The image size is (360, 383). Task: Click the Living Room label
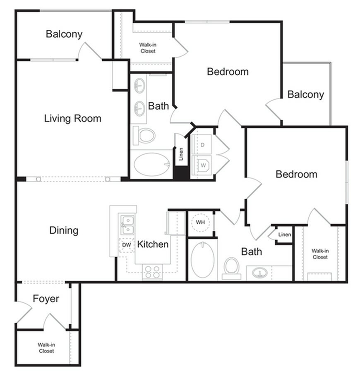point(73,119)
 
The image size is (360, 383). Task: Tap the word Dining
point(64,230)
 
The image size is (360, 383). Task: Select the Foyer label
point(46,299)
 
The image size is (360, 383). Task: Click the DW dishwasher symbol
point(126,245)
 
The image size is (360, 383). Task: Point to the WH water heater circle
point(201,223)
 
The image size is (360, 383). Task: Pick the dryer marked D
point(203,145)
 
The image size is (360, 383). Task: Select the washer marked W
point(203,164)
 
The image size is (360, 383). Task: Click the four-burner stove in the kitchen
point(152,272)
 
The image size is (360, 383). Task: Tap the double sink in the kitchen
point(127,224)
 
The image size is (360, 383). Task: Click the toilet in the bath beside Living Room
point(144,135)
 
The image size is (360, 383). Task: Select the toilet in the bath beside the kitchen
point(231,266)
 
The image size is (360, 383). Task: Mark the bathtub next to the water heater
point(202,260)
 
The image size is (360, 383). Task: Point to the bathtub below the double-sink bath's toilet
point(152,164)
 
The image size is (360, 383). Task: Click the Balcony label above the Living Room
point(64,34)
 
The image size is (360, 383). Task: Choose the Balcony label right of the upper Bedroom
point(306,94)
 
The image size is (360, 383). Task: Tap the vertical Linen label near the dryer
point(181,154)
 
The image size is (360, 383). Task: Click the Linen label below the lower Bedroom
point(284,235)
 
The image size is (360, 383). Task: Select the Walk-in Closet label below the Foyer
point(46,347)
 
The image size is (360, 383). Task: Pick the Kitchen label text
point(153,244)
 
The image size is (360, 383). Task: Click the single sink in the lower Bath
point(259,273)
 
